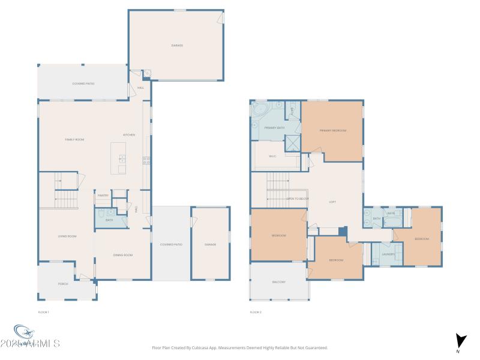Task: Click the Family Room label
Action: coord(74,139)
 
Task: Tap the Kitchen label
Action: coord(129,135)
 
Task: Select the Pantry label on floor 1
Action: coord(103,195)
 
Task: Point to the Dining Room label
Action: coord(123,255)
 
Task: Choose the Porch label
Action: coord(62,283)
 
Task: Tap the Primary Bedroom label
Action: coord(333,130)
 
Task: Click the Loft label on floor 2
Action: coord(332,202)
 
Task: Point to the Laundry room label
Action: coord(388,254)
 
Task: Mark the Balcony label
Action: coord(279,282)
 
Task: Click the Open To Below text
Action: coord(298,199)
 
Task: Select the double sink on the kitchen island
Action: coord(122,159)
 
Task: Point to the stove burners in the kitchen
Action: coord(146,160)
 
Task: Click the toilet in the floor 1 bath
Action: coord(101,212)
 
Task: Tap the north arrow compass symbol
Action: coord(460,341)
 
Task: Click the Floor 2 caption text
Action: coord(256,312)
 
